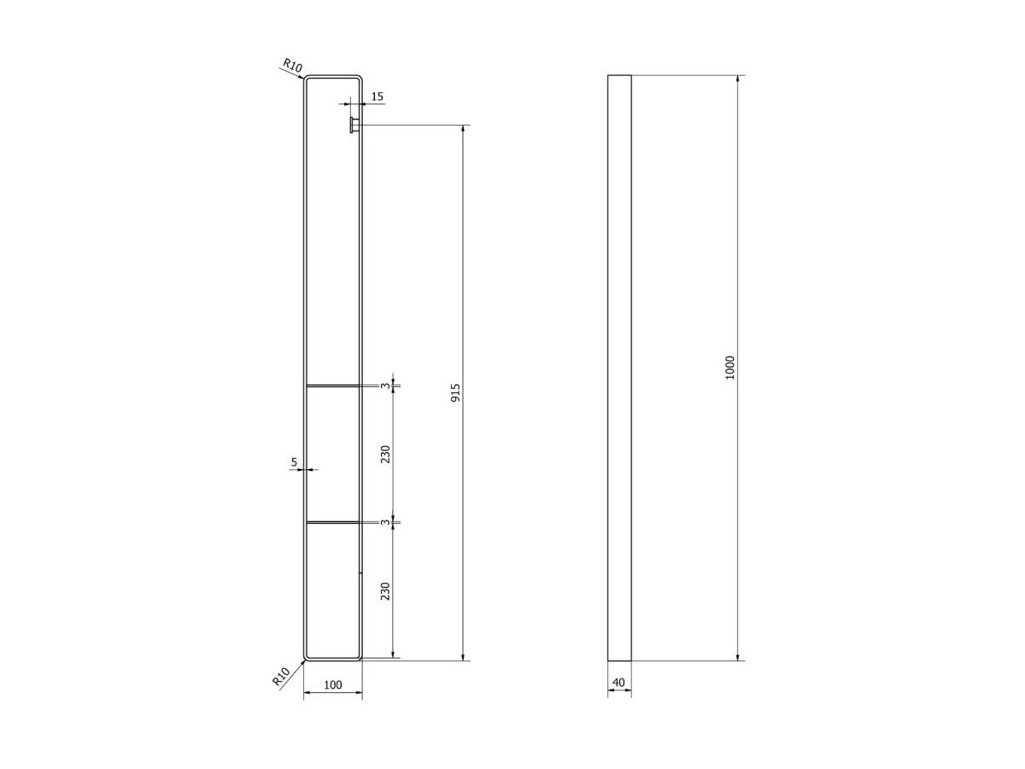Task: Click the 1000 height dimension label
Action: (x=729, y=367)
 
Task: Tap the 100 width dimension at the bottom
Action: (x=333, y=684)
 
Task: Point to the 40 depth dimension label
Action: (x=619, y=682)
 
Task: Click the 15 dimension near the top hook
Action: (x=377, y=97)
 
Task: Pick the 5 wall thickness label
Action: (x=294, y=462)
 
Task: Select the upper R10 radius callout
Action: (x=292, y=66)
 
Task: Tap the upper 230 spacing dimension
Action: (x=385, y=454)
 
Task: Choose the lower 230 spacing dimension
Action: (x=385, y=590)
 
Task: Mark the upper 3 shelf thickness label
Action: (x=386, y=385)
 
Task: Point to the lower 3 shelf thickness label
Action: (x=386, y=521)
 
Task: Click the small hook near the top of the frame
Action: (x=352, y=126)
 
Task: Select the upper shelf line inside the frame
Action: (x=332, y=385)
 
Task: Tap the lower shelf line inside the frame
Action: (x=332, y=521)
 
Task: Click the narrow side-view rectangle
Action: (x=619, y=367)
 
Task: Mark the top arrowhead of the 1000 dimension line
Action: (x=738, y=78)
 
